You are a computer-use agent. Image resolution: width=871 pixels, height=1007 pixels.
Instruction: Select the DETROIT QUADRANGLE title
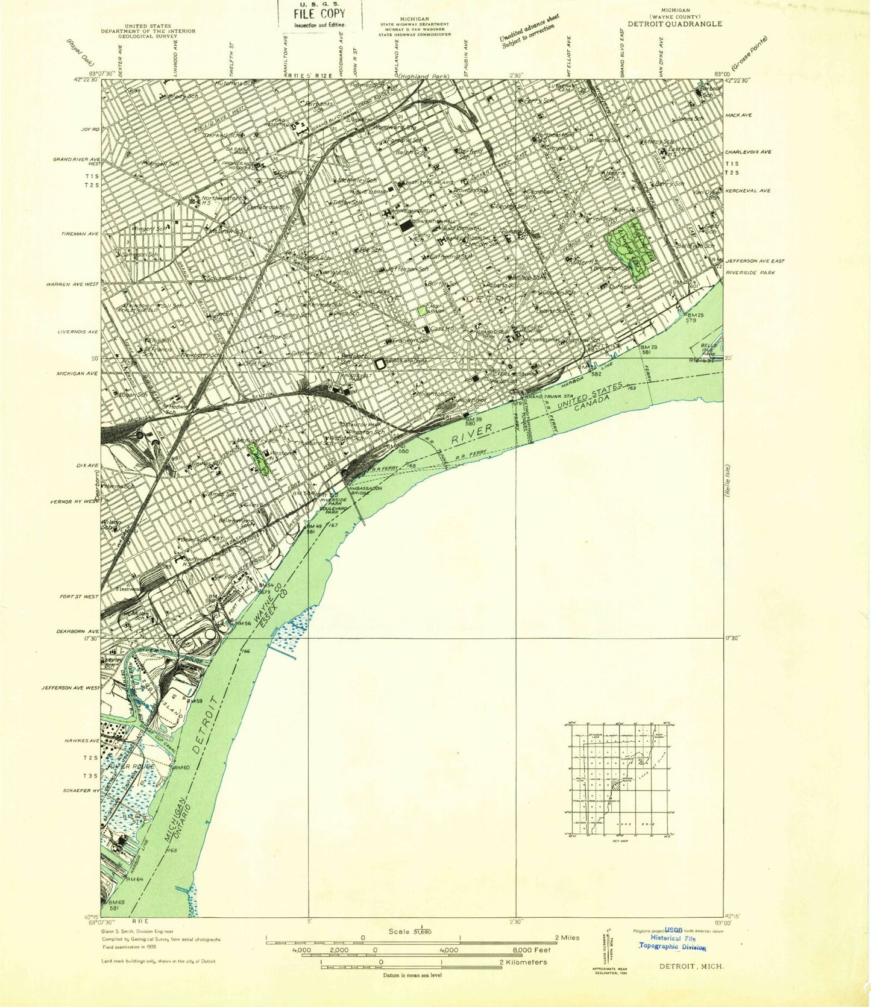[674, 24]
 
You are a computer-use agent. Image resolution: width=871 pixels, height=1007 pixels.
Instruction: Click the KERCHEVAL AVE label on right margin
[747, 191]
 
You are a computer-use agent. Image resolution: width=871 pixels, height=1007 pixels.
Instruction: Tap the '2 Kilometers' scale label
[523, 962]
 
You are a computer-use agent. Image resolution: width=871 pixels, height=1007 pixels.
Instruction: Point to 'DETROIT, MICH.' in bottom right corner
[694, 966]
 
